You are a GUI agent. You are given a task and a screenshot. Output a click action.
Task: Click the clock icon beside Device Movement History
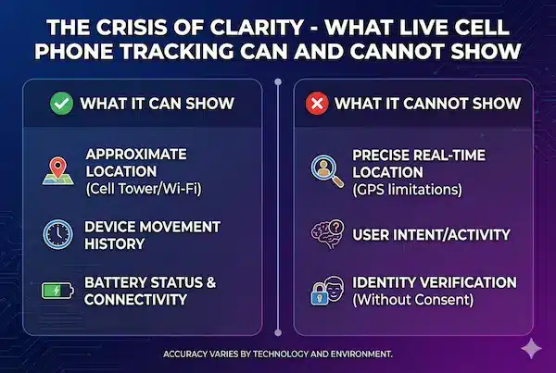click(x=57, y=234)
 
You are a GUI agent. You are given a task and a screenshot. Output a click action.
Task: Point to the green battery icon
click(x=57, y=292)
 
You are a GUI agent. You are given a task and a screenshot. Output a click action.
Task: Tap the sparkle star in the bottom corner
click(x=530, y=347)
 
